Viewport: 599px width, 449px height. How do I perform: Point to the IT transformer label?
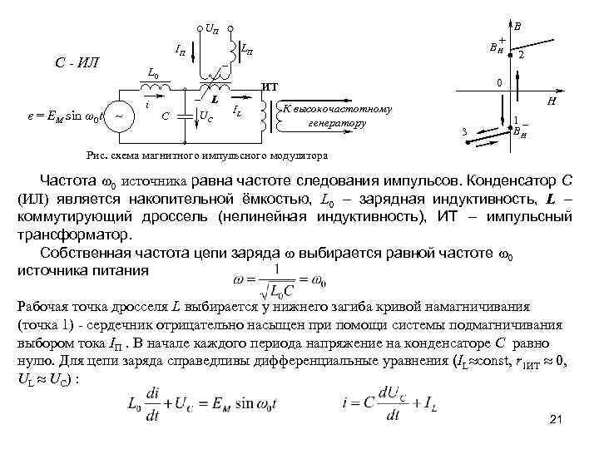(x=270, y=86)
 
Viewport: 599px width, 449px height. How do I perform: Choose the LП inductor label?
(x=248, y=51)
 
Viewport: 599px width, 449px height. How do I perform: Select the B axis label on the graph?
(x=517, y=26)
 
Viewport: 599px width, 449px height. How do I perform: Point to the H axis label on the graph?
(x=550, y=101)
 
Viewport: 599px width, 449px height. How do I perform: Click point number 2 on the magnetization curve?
(x=521, y=56)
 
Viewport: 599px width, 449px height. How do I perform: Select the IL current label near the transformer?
(x=238, y=110)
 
